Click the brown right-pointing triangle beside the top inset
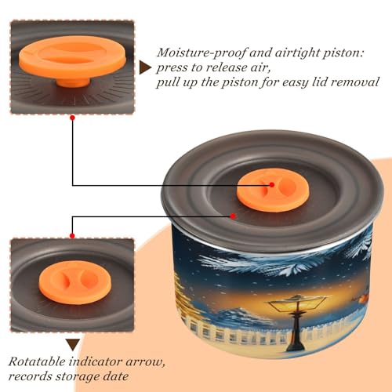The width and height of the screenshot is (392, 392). tap(145, 67)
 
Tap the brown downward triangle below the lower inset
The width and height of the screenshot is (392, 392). tap(73, 345)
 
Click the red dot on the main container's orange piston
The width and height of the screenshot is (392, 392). tap(272, 185)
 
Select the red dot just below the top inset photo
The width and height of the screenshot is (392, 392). tap(73, 118)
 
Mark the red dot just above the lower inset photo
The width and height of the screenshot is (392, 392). tap(72, 236)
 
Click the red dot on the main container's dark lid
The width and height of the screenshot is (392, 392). tap(233, 216)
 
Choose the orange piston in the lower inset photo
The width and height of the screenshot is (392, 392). tap(75, 282)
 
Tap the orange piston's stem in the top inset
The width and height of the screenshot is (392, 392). tap(73, 82)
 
